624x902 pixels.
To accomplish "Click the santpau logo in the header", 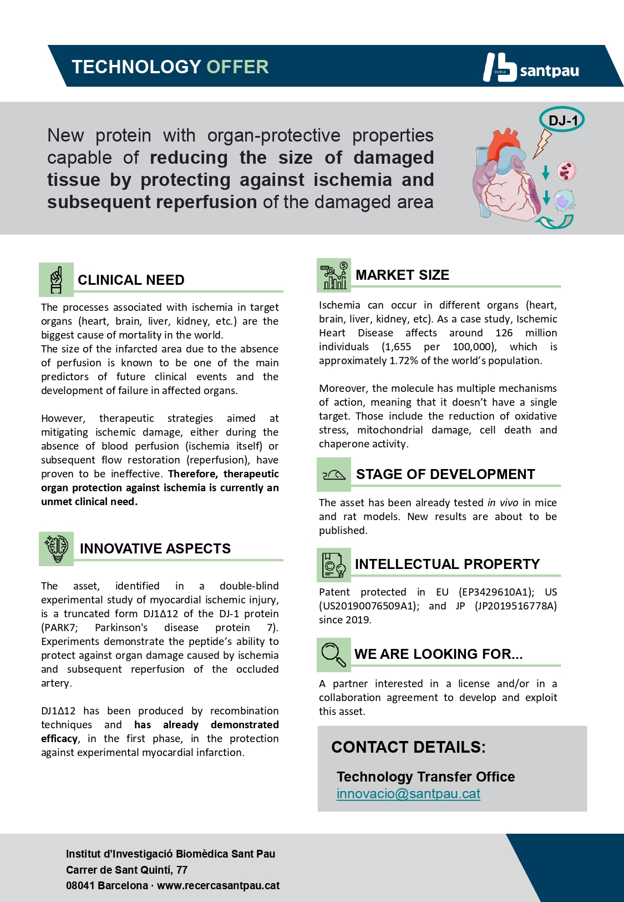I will click(531, 68).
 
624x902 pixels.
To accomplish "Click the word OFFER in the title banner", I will click(237, 67).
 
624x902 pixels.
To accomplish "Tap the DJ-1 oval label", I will click(562, 120).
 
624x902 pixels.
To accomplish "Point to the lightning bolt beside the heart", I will click(542, 143).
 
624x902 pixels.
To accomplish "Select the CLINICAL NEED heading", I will click(131, 280).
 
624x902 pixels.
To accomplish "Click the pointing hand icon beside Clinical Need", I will click(56, 279).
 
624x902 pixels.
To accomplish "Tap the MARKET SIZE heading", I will click(402, 275).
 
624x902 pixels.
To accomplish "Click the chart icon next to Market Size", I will click(334, 275).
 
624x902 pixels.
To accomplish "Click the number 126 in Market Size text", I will click(504, 332).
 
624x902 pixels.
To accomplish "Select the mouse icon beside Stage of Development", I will click(334, 475).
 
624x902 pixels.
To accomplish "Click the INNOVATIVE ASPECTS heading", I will click(155, 548).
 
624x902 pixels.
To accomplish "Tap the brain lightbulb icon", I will click(56, 548).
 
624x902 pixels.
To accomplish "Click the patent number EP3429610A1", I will click(496, 592).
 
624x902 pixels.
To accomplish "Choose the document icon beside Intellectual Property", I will click(334, 565).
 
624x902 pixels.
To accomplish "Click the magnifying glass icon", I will click(334, 654).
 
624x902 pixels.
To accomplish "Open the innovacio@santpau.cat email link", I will click(408, 794).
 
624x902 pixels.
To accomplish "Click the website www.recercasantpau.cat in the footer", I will click(218, 885).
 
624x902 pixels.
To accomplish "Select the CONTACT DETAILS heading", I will click(408, 747).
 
